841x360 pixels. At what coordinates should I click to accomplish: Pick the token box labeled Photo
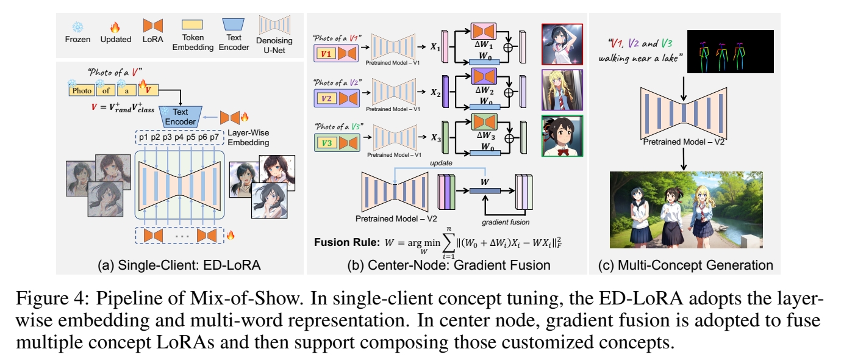pos(82,90)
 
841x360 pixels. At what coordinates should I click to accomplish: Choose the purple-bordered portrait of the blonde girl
pos(561,90)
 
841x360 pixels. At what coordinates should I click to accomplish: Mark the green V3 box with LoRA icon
pos(337,145)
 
